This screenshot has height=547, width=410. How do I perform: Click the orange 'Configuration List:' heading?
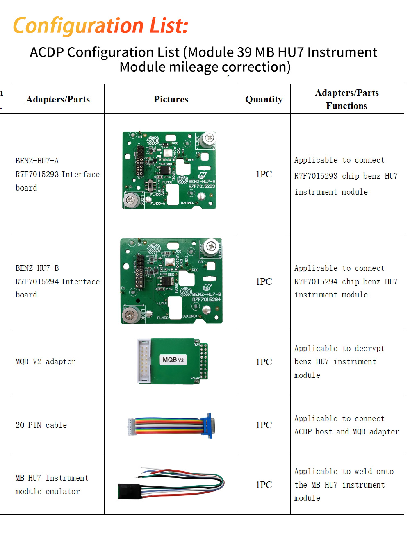(x=100, y=25)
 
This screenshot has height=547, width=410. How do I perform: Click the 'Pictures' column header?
(x=171, y=99)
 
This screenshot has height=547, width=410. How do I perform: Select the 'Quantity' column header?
(x=264, y=99)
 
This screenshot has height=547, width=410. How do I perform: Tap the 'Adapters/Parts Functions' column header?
(x=346, y=99)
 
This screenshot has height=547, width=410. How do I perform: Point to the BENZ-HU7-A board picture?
(x=169, y=170)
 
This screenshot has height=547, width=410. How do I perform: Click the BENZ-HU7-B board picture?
(x=171, y=281)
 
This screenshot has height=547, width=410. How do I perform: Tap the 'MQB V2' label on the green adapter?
(x=173, y=360)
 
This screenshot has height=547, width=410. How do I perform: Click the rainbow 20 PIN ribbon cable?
(x=168, y=426)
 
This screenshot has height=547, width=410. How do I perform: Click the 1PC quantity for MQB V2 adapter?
(x=264, y=362)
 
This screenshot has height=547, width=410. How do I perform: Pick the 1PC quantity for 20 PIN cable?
(x=264, y=425)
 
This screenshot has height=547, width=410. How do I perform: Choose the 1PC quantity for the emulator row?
(x=264, y=485)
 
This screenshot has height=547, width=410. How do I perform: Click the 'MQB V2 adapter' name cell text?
(x=46, y=362)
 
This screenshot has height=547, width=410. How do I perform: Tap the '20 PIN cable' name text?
(x=41, y=425)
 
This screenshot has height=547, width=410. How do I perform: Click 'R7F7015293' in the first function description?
(x=316, y=176)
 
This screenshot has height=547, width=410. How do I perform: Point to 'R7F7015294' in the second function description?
(x=316, y=282)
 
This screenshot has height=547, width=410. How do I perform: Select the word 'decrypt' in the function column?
(x=369, y=349)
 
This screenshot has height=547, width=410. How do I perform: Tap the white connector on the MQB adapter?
(x=143, y=361)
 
